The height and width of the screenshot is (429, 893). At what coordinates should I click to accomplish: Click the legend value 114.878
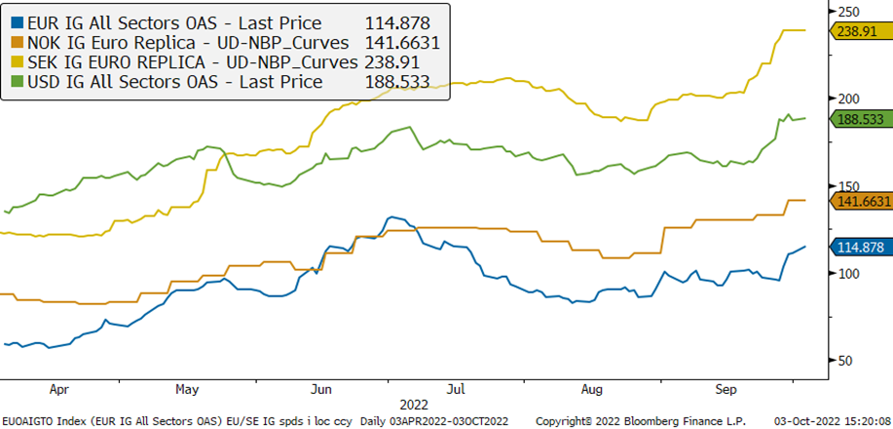point(397,23)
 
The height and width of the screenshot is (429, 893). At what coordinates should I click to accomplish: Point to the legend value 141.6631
point(403,43)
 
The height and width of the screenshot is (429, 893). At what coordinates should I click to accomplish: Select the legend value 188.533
point(397,82)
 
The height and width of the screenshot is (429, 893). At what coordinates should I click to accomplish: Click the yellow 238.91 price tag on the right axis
point(860,31)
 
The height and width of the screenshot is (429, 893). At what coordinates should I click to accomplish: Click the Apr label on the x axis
point(58,388)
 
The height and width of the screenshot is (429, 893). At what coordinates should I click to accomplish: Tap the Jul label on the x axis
point(455,388)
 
